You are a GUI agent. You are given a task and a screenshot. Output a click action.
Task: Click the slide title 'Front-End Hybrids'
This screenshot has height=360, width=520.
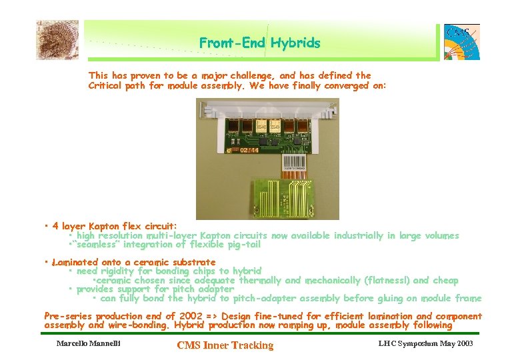click(x=259, y=43)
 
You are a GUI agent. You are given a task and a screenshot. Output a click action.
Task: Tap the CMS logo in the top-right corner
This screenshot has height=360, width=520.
click(x=461, y=41)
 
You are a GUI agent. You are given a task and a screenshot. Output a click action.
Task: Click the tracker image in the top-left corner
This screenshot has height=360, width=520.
click(x=57, y=40)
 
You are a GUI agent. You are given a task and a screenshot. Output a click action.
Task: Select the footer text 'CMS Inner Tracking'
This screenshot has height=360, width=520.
click(x=225, y=345)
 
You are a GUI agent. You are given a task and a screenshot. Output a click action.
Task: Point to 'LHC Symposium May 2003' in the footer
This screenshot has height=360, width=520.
click(x=425, y=344)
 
